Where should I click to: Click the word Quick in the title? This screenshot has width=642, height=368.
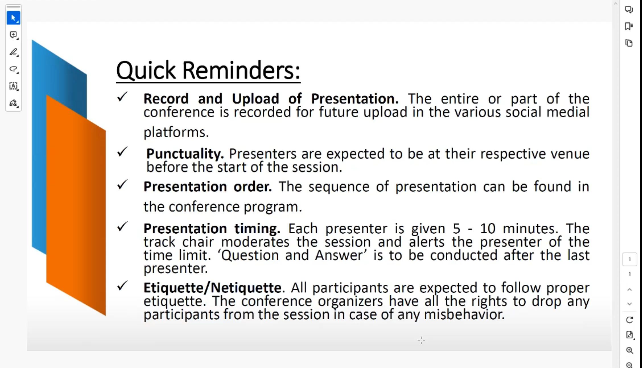point(146,70)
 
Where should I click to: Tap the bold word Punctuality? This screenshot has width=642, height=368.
point(185,154)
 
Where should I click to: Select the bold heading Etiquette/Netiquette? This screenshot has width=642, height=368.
point(212,288)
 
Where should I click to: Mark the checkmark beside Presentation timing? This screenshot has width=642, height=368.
point(122,226)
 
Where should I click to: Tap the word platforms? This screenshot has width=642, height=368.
point(176,132)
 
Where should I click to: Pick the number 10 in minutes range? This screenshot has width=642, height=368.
point(488,228)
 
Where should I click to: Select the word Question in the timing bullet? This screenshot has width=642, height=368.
point(250,255)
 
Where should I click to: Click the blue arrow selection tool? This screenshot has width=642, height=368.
point(13,18)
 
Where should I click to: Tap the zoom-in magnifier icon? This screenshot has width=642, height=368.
point(629,350)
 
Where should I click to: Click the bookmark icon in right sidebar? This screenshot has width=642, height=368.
point(629,26)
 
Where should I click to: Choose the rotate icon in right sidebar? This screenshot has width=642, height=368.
point(629,320)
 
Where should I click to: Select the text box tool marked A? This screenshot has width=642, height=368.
point(13,86)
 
